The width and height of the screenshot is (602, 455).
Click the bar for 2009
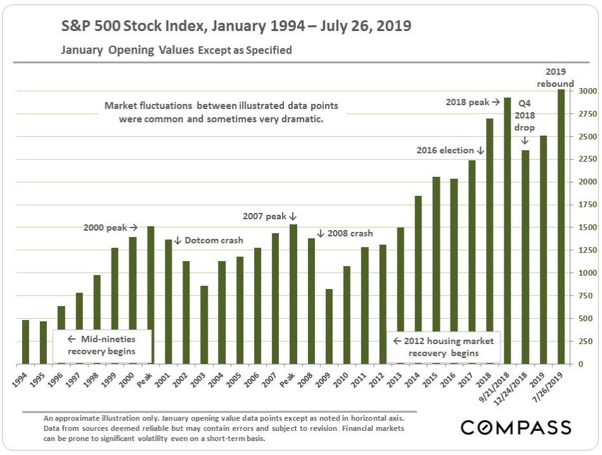pos(329,326)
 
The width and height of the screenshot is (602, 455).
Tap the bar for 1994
pos(25,342)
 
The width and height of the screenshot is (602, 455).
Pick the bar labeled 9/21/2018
pos(507,231)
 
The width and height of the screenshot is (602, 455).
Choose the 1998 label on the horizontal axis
pos(93,380)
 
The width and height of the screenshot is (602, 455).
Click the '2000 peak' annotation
pos(110,227)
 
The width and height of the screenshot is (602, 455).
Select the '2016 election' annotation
pos(450,150)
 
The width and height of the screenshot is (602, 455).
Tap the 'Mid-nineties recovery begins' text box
pos(101,345)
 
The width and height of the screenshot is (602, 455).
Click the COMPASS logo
pos(516,427)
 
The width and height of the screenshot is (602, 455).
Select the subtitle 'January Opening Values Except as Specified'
pos(176,50)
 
